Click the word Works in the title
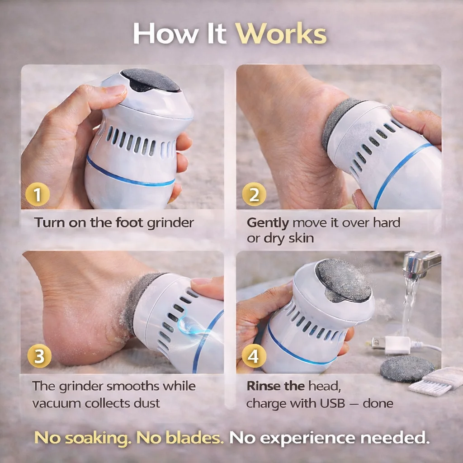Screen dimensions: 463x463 click(281, 33)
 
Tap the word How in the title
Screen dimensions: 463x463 click(166, 33)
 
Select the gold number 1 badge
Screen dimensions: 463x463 click(38, 194)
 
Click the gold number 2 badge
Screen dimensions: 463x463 click(254, 194)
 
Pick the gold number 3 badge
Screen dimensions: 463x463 click(39, 356)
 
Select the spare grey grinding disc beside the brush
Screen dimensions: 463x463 click(406, 369)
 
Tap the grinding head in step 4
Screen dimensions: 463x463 click(344, 280)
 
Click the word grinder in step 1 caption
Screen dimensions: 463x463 click(170, 223)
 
